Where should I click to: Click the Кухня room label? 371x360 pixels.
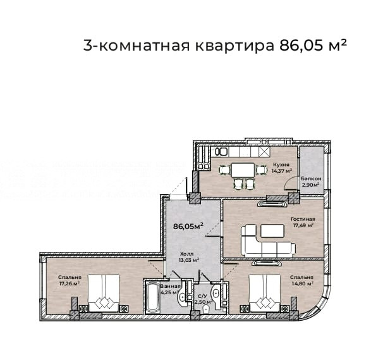click(x=281, y=164)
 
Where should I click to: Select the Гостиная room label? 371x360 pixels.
click(x=303, y=219)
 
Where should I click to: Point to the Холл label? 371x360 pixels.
click(x=186, y=254)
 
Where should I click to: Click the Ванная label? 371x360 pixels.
click(x=171, y=286)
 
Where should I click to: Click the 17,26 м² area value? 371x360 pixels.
click(x=69, y=283)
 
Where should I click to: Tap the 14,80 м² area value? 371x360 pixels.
click(x=303, y=283)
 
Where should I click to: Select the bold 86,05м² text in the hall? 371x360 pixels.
click(x=188, y=226)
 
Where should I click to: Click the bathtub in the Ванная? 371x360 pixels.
click(x=152, y=297)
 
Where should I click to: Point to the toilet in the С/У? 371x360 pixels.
click(x=206, y=309)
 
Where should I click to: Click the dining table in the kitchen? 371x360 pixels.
click(x=243, y=170)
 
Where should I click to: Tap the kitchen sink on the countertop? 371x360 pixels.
click(x=222, y=152)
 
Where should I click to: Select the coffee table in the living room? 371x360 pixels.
click(x=272, y=231)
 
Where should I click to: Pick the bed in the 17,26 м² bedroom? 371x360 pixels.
click(x=104, y=293)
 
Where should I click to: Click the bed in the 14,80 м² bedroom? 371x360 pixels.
click(x=265, y=293)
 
